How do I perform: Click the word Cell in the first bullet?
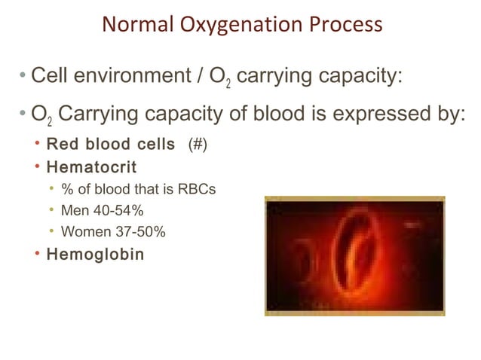click(47, 76)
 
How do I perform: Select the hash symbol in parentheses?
click(196, 145)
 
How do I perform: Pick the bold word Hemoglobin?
click(95, 254)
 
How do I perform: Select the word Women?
click(84, 231)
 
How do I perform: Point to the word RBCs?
click(196, 188)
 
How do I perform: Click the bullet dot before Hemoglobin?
click(37, 254)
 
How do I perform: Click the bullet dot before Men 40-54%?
click(52, 210)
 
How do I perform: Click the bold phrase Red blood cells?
click(110, 145)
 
